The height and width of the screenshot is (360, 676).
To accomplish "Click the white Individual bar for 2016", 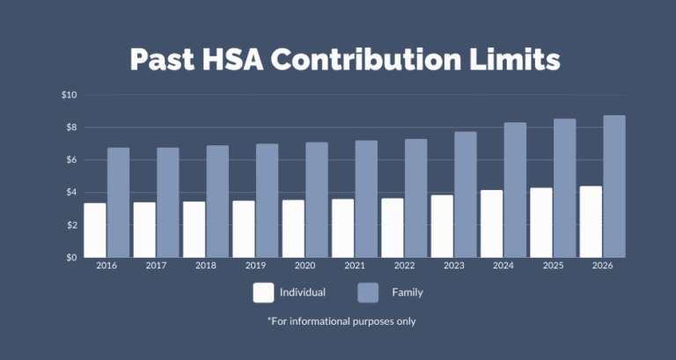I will click(94, 231).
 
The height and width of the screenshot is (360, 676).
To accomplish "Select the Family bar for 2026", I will click(614, 187).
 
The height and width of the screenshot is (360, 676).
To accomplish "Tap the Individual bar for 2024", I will click(492, 224).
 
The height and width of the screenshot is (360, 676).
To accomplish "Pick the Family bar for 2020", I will click(317, 200).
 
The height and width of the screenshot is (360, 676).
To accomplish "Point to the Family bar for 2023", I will click(466, 195).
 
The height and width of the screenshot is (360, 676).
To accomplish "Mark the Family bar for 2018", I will click(217, 202).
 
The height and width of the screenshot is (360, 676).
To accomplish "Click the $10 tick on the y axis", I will click(70, 95).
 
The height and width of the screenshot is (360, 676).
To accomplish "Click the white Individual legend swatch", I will click(263, 292).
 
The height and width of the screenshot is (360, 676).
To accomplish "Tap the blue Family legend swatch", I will click(369, 292).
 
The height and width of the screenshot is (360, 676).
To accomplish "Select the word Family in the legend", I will click(408, 292).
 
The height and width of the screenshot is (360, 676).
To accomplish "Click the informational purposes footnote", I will click(342, 321).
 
